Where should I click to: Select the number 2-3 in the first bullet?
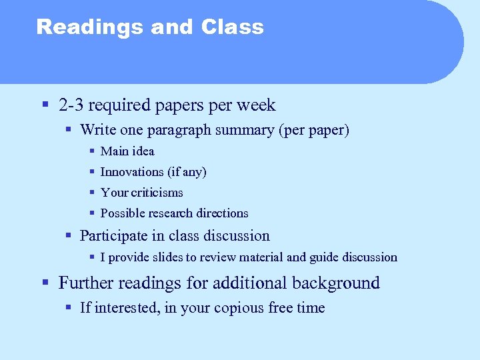(71, 105)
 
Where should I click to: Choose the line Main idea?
(127, 151)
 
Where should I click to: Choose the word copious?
(238, 308)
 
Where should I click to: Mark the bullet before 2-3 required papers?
(45, 105)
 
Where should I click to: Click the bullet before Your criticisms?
(93, 193)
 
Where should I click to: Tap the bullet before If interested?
(69, 308)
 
